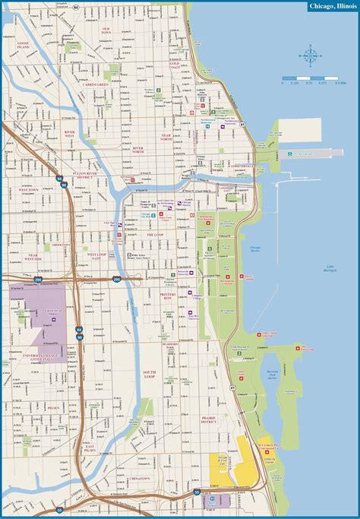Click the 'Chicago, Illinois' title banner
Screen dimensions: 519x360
pyautogui.click(x=330, y=6)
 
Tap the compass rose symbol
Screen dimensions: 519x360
pyautogui.click(x=310, y=54)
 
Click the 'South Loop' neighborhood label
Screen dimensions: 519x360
pyautogui.click(x=148, y=374)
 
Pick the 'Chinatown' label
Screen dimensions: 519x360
pyautogui.click(x=138, y=478)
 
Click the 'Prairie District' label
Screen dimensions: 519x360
pyautogui.click(x=209, y=420)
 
